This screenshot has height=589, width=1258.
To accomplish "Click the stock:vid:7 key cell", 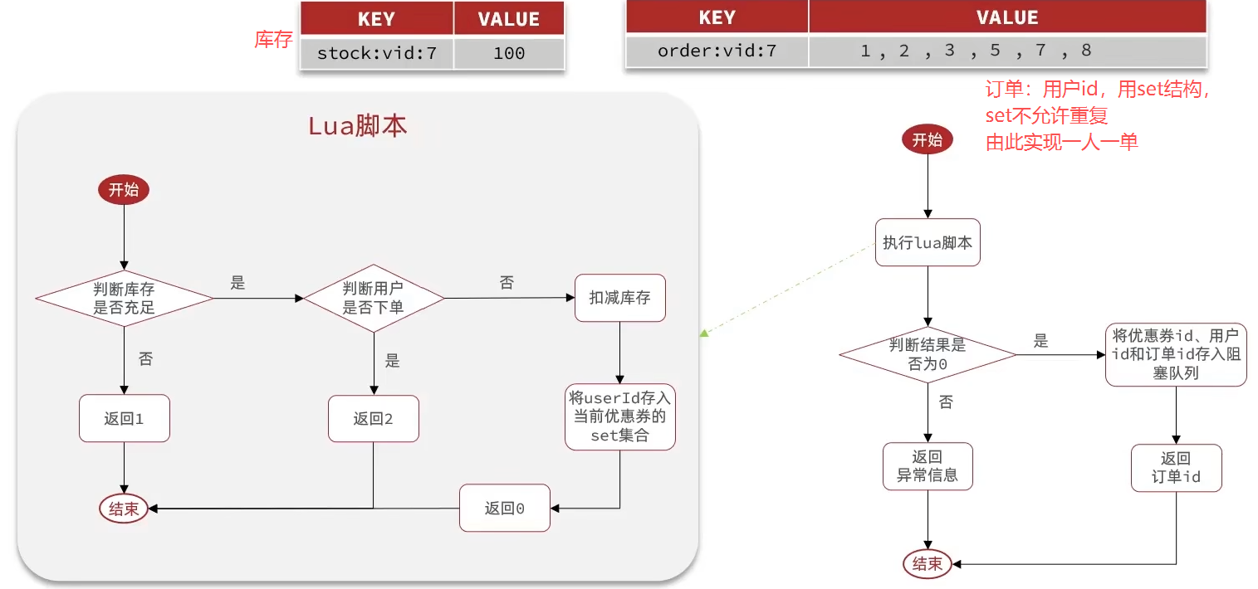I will (x=376, y=54).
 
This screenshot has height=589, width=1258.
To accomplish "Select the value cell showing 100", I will (x=508, y=54).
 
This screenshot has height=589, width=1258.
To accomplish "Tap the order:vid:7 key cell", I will (x=717, y=51).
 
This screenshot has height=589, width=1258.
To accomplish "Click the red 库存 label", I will (x=273, y=40).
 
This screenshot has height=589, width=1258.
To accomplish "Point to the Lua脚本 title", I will (x=357, y=126).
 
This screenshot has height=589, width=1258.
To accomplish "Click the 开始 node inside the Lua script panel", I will (x=124, y=190).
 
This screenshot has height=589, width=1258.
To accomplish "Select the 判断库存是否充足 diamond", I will (x=124, y=299).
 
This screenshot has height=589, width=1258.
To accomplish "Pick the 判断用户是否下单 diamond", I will (x=373, y=299).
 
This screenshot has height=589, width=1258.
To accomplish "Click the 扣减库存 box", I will (x=620, y=298).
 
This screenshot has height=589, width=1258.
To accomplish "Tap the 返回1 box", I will (x=124, y=418).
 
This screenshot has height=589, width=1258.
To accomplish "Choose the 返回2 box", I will (x=373, y=418).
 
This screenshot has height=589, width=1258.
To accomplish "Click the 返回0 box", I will (x=505, y=508).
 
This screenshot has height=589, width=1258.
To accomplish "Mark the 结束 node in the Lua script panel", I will (x=124, y=509).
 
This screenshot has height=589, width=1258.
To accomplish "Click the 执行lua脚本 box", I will (x=928, y=242).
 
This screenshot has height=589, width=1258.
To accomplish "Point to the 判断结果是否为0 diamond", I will (x=928, y=354).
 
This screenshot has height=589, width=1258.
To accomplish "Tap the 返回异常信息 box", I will (x=928, y=466).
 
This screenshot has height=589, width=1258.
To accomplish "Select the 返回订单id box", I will (x=1176, y=468).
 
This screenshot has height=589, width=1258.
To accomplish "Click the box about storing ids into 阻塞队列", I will (x=1176, y=354).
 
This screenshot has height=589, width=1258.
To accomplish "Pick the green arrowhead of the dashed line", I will (x=703, y=333).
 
